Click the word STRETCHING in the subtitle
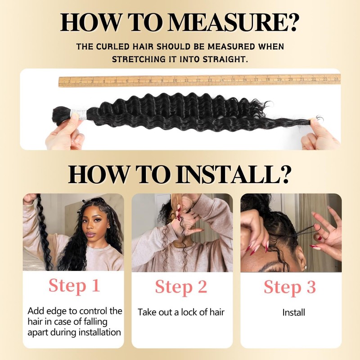139,59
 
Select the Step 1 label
74,285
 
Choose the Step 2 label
181,287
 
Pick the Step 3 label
290,287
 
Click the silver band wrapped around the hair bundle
78,114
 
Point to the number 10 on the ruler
175,81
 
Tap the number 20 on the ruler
291,79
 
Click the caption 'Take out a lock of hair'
181,312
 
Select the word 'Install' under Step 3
294,312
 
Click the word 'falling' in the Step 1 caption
95,322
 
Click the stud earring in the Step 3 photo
305,267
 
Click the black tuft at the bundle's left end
62,115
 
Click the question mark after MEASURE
292,22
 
